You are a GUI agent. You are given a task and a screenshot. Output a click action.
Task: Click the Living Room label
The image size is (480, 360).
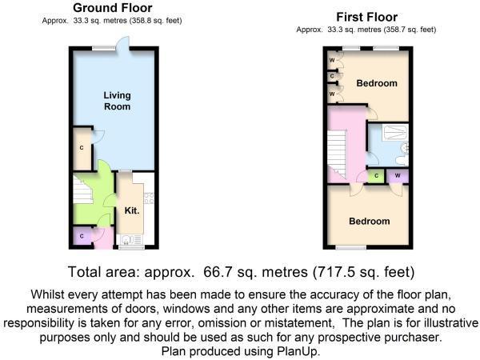(117, 101)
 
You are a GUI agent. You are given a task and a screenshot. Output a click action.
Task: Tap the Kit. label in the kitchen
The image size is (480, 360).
(131, 210)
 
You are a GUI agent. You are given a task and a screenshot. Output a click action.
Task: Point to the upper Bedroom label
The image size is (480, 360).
(376, 83)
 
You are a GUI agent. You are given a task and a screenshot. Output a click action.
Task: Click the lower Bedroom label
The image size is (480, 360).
(369, 221)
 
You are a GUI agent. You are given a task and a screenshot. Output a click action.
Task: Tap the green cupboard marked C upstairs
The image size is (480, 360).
(376, 176)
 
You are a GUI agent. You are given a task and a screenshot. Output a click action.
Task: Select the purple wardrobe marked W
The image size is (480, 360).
(398, 176)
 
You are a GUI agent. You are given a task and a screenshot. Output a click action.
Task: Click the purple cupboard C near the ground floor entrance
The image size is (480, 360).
(82, 237)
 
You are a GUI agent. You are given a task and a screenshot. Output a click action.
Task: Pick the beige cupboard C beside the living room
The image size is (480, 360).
(82, 149)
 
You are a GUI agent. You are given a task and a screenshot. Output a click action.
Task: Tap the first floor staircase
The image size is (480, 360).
(339, 152)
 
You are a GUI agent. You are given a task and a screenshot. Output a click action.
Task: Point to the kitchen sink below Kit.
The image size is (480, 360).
(128, 238)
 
